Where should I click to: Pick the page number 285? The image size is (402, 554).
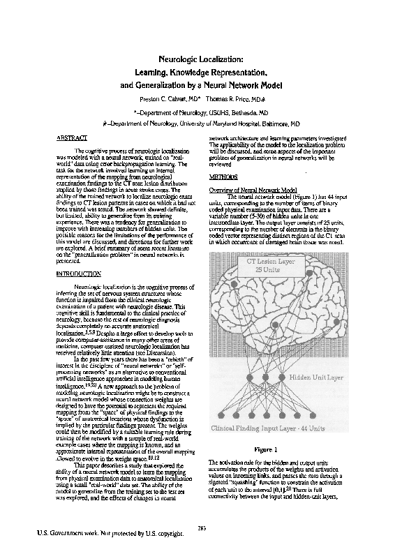click(x=202, y=526)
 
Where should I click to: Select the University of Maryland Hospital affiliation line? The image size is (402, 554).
click(x=200, y=123)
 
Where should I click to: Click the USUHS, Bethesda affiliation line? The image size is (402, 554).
click(x=200, y=112)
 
